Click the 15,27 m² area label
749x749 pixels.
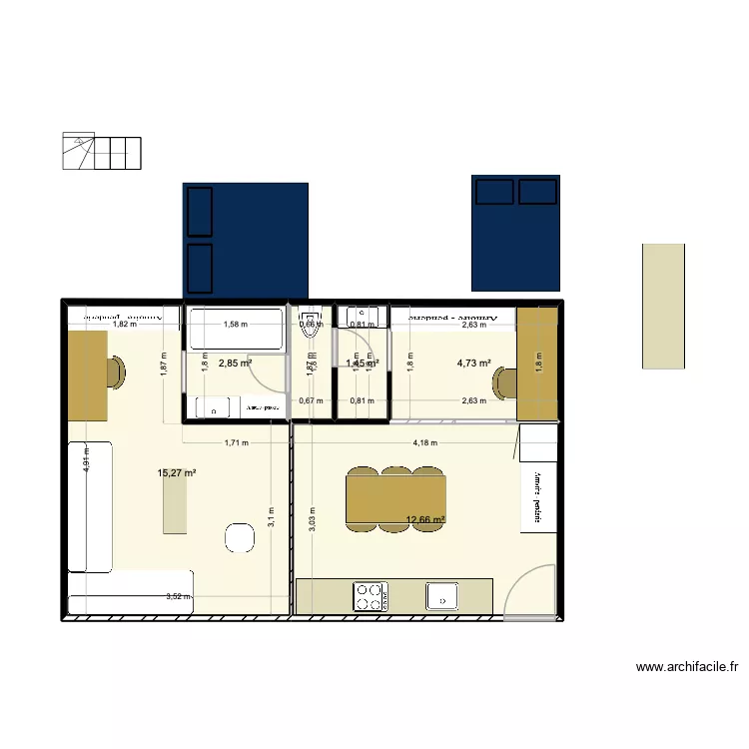coord(177,473)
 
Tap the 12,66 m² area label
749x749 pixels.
coord(424,519)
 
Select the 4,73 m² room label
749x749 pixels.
coord(473,364)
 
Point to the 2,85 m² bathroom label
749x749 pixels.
coord(235,364)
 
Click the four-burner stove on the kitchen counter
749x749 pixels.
coord(370,596)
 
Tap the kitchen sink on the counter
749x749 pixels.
coord(440,596)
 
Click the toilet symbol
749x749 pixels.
coord(310,318)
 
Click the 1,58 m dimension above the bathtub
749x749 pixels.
coord(235,324)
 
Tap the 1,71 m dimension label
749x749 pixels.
coord(236,443)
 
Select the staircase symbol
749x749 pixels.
coord(102,151)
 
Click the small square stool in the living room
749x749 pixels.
coord(240,537)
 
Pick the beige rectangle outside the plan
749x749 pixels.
coord(663,306)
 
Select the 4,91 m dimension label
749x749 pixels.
coord(87,461)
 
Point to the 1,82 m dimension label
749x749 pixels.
coord(124,325)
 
